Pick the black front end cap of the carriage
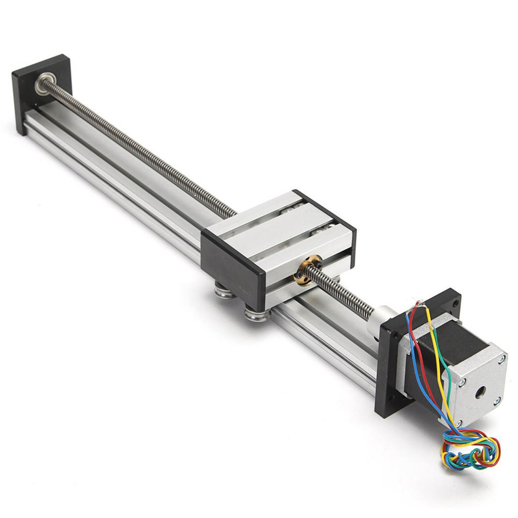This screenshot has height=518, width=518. [233, 264]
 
